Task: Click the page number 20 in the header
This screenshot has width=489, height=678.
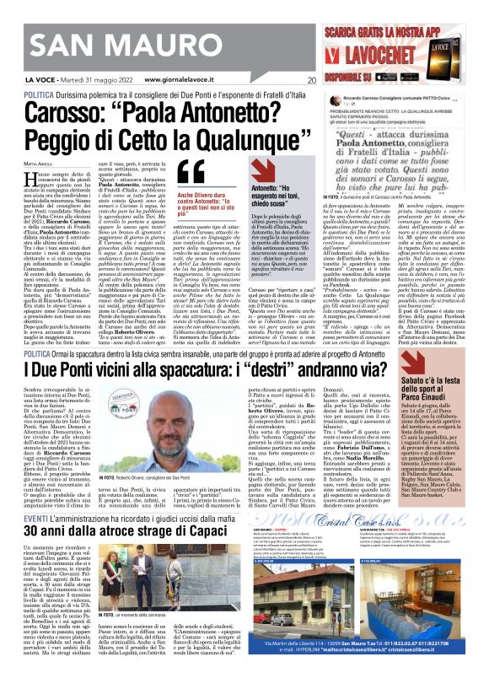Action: pyautogui.click(x=311, y=81)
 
